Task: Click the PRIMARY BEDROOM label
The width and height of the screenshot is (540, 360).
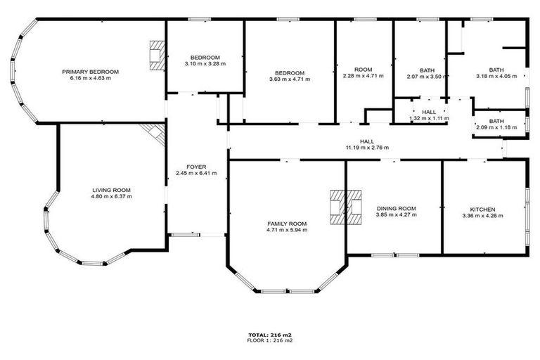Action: pyautogui.click(x=90, y=71)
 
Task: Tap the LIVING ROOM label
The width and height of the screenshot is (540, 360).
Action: pyautogui.click(x=112, y=190)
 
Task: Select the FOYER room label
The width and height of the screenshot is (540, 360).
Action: pyautogui.click(x=196, y=166)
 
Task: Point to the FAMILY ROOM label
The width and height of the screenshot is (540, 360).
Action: pyautogui.click(x=287, y=223)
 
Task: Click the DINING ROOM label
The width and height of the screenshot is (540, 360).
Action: pyautogui.click(x=397, y=209)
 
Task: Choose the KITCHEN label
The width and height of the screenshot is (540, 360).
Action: pyautogui.click(x=483, y=210)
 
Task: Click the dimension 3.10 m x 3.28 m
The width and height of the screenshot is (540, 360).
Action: pyautogui.click(x=205, y=64)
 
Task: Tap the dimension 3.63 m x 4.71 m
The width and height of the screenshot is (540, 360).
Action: pyautogui.click(x=290, y=79)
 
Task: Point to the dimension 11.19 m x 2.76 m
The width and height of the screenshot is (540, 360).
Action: pyautogui.click(x=366, y=148)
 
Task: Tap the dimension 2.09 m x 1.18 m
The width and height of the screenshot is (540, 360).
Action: pyautogui.click(x=496, y=127)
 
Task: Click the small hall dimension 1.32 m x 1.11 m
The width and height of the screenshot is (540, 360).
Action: pyautogui.click(x=429, y=118)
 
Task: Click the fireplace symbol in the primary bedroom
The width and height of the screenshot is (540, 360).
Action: pyautogui.click(x=157, y=55)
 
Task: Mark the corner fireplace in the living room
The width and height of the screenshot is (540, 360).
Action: pyautogui.click(x=153, y=132)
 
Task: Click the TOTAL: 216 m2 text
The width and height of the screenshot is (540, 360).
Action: pyautogui.click(x=270, y=334)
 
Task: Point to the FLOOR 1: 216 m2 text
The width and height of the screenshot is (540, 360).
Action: pyautogui.click(x=270, y=340)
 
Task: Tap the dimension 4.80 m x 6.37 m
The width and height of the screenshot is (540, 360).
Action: pyautogui.click(x=112, y=196)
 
